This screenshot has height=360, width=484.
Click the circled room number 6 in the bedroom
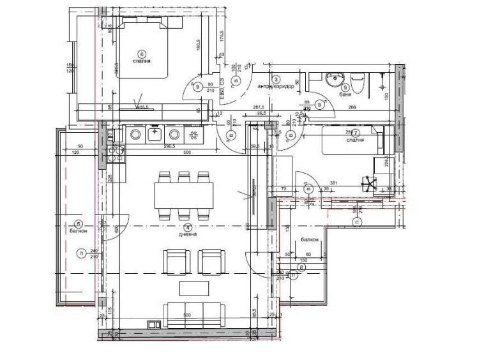pos(142,54)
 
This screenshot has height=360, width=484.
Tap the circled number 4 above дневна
pos(187,227)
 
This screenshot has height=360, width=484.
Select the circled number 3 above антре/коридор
pos(275,79)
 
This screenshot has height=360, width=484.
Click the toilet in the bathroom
pos(358,83)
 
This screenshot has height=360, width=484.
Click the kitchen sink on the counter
pos(155,134)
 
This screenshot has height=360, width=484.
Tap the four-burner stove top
pos(116,154)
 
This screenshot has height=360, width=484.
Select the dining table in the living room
pos(184,195)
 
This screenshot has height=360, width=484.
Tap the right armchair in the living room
pos(213,262)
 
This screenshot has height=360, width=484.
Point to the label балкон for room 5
pos(78,231)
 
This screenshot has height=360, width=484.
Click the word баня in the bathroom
pos(345,94)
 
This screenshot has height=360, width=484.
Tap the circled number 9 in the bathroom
pos(345,87)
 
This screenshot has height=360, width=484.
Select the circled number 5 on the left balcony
pos(79,223)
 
